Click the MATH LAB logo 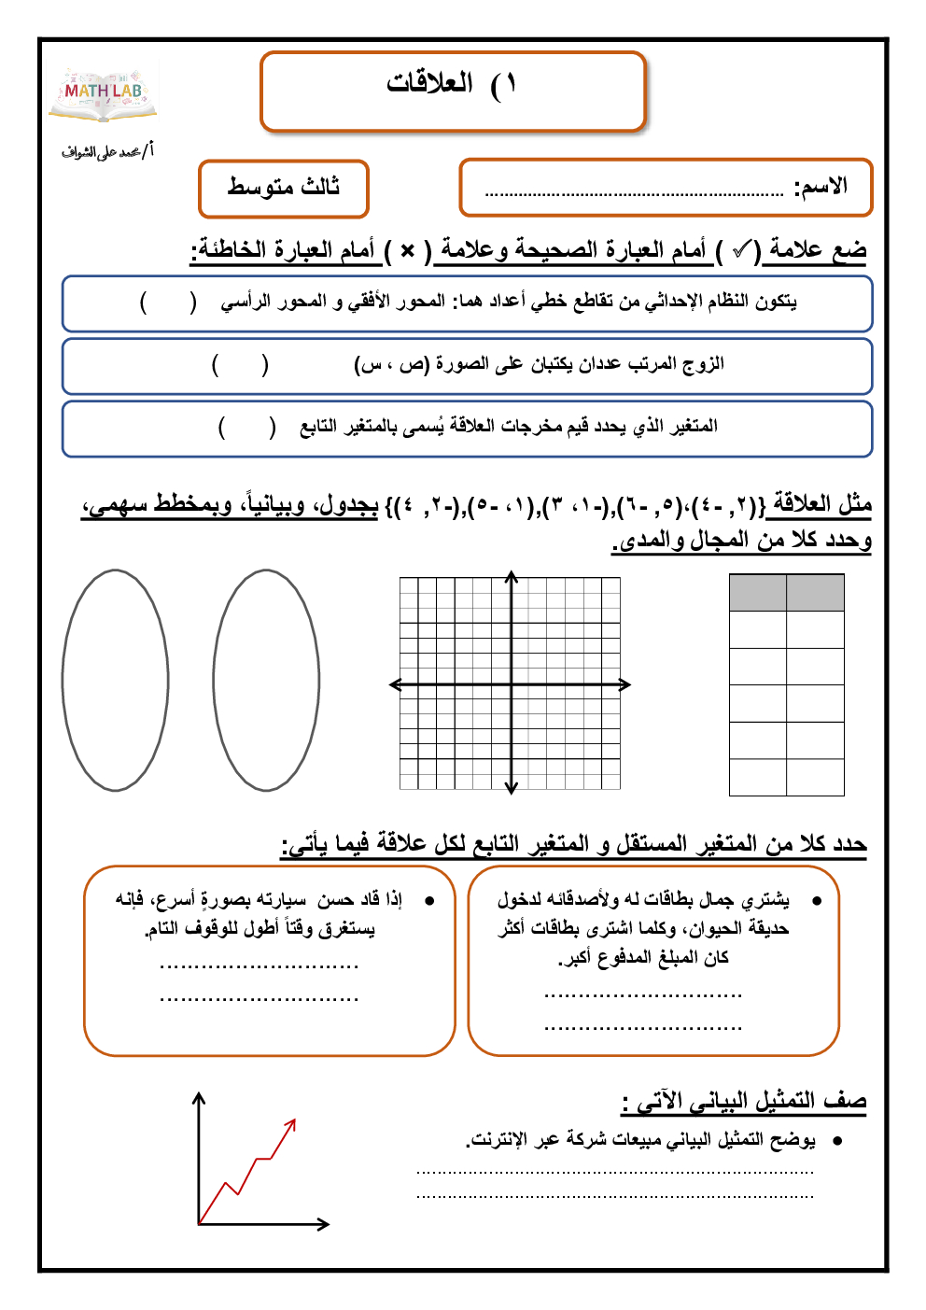(x=104, y=92)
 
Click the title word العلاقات (x=429, y=83)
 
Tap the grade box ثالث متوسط (x=284, y=188)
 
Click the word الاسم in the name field (x=821, y=187)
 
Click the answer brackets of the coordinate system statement (x=168, y=303)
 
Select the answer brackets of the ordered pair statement (x=240, y=364)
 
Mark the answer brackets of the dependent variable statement (x=247, y=427)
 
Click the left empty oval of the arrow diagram (x=116, y=681)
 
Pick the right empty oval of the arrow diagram (x=266, y=681)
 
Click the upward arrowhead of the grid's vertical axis (x=512, y=576)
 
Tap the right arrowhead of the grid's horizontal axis (x=625, y=684)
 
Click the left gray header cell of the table (x=757, y=593)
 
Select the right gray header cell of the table (x=815, y=593)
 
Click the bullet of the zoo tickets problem (x=817, y=901)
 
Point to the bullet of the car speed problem (x=429, y=901)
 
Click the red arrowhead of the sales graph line (x=292, y=1123)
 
